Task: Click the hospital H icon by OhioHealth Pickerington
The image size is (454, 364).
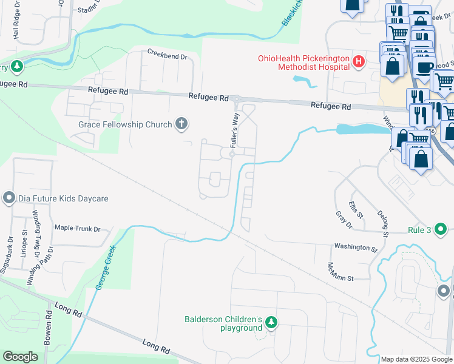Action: point(359,61)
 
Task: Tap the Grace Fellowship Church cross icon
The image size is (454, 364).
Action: point(180,124)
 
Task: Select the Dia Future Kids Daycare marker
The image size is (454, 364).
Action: point(8,198)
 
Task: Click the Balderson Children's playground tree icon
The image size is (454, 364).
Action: point(272,322)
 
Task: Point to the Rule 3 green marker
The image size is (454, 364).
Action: point(441,230)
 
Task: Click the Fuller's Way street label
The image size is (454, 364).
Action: point(234,127)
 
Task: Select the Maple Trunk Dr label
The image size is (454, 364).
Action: point(77,229)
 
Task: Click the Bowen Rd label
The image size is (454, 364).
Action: point(48,329)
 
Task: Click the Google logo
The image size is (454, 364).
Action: point(20,357)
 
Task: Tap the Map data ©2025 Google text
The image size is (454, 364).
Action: point(416,359)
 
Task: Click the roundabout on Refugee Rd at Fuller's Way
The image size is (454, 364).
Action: point(237,99)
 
